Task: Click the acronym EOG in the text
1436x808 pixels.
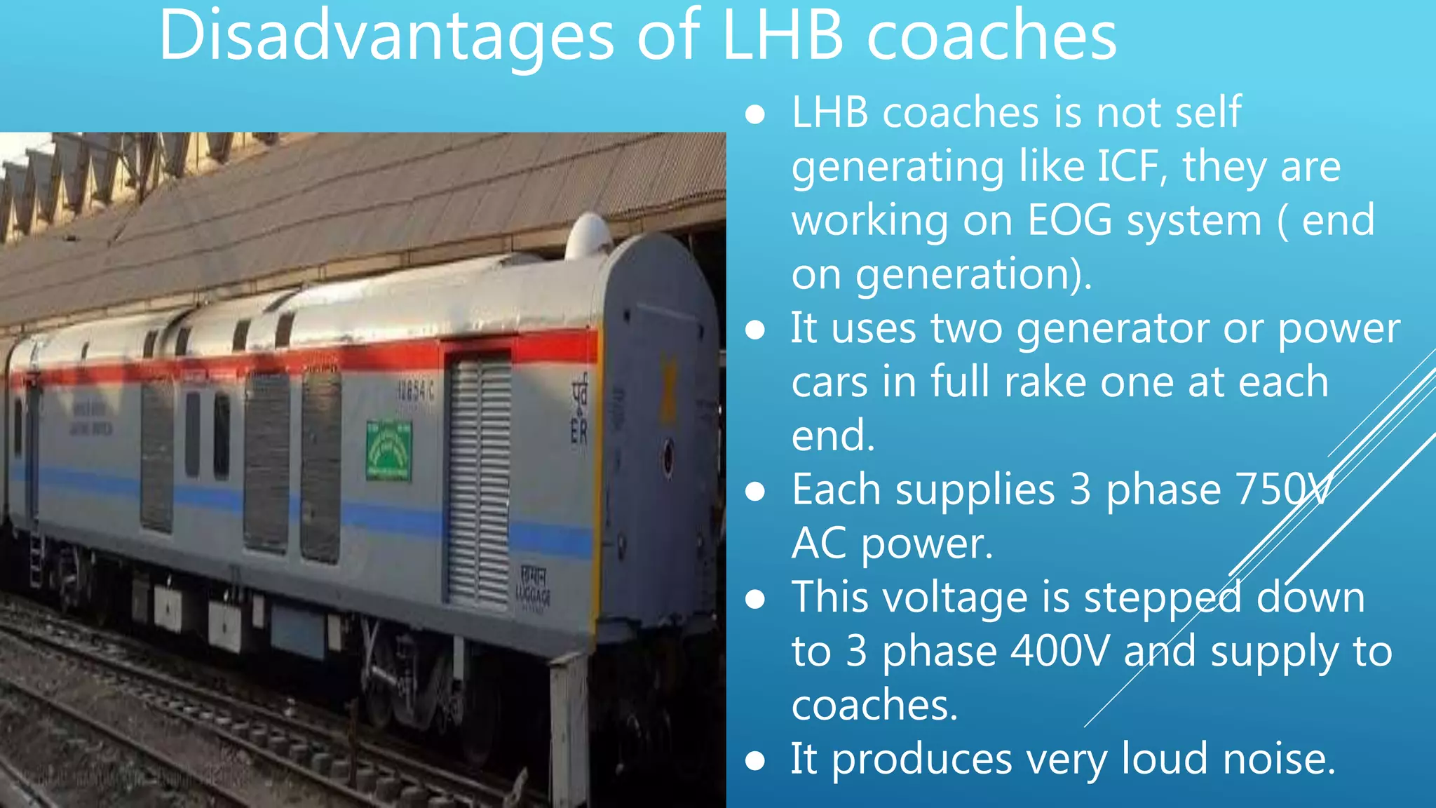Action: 1070,220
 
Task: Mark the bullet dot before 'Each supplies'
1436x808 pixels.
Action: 754,492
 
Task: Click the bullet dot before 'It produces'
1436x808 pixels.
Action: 754,761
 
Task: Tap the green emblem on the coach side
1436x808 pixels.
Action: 388,450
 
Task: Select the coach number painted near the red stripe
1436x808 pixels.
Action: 416,391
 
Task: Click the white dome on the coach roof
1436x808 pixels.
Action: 588,236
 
